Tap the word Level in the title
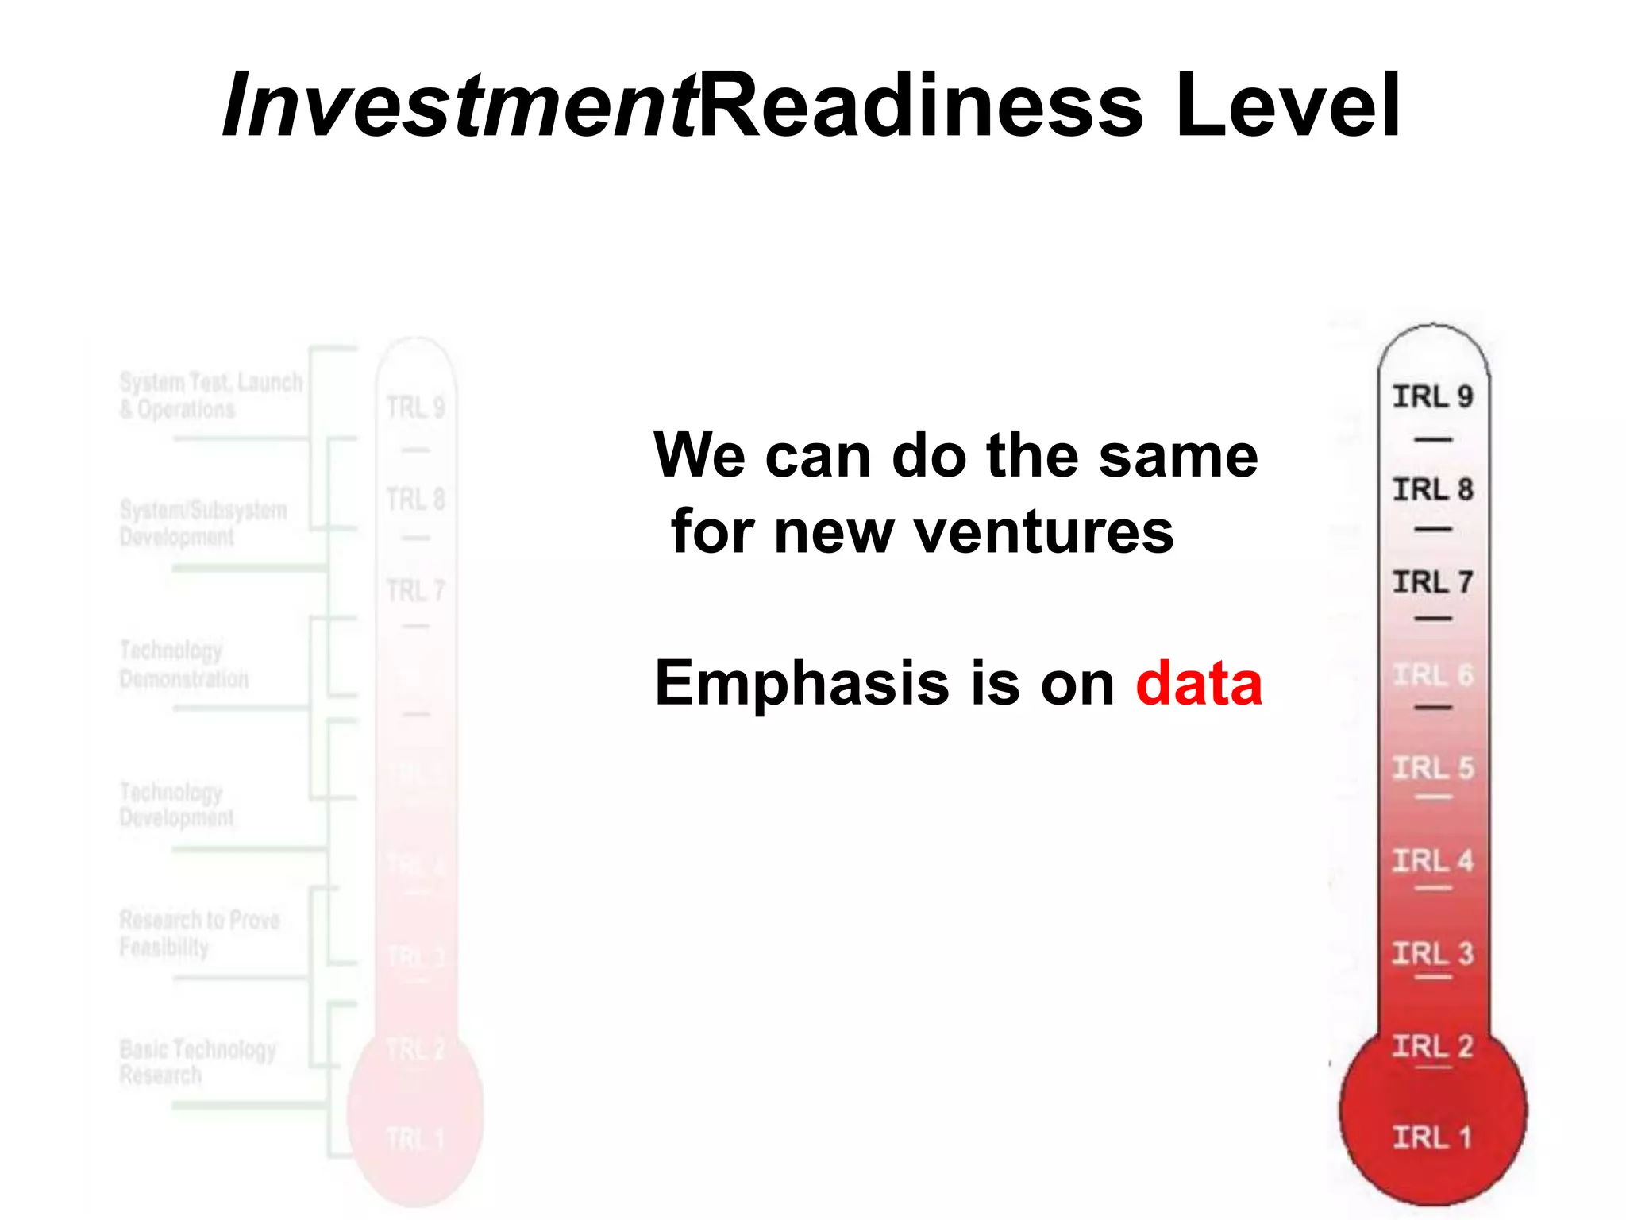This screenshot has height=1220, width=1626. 1287,106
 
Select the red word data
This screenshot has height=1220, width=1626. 1198,683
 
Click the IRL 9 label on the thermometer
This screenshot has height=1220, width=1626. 1432,396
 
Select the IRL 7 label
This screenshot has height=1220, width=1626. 1432,582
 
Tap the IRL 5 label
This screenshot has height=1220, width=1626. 1432,768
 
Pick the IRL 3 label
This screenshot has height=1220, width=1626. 1432,953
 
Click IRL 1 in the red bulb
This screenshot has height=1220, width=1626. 1432,1137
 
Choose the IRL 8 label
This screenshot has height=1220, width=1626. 1432,489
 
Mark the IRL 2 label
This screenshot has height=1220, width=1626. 1432,1046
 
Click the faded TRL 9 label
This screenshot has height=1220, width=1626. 415,407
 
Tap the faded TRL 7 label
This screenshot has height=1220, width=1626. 415,591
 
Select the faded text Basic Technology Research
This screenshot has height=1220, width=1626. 196,1062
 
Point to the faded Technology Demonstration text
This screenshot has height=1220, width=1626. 183,665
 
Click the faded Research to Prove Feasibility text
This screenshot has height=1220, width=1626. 198,933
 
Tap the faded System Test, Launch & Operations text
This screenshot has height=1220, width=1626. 210,396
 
